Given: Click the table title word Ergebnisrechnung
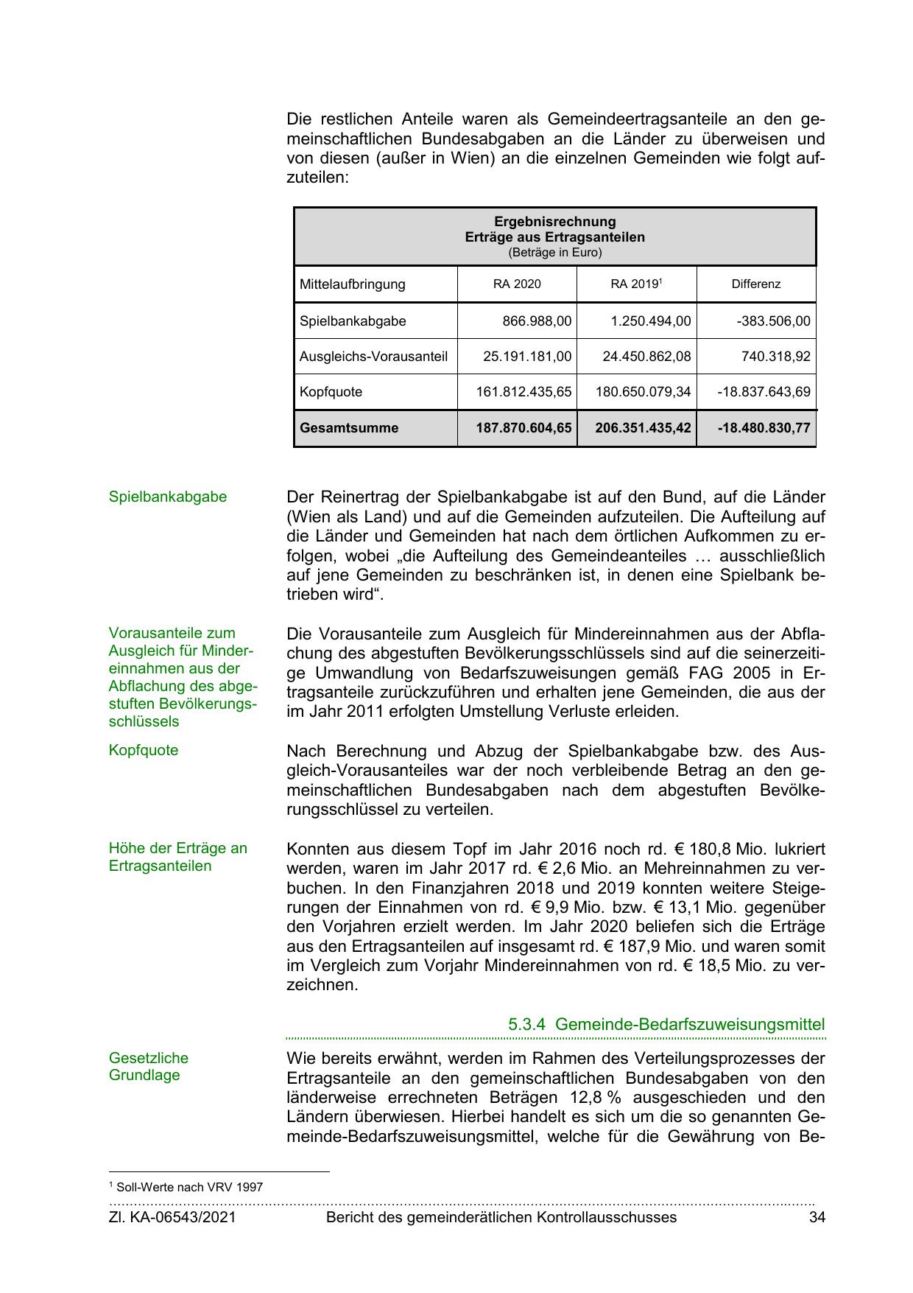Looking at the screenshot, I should coord(554,222).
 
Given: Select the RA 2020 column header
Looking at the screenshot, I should coord(517,284).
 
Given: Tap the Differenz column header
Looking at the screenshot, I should coord(755,284).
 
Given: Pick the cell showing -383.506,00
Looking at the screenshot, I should coord(773,321).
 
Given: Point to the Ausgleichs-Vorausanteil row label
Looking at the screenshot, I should coord(373,357).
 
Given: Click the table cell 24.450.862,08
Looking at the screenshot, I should coord(646,357).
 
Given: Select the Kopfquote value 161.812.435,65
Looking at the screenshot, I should coord(524,392).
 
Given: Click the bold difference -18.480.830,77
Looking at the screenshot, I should coord(764,428).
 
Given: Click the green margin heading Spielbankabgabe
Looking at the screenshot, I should coord(168,497).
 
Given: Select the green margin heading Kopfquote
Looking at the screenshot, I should coord(144,750).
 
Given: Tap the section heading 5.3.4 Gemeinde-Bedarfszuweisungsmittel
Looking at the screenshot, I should coord(666,1024).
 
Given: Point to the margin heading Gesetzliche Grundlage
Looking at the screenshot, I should coord(149,1066).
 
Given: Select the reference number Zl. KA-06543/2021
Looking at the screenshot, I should coord(172,1218).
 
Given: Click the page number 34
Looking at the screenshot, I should coord(817,1218).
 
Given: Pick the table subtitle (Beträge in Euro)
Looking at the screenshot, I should coord(554,253).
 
